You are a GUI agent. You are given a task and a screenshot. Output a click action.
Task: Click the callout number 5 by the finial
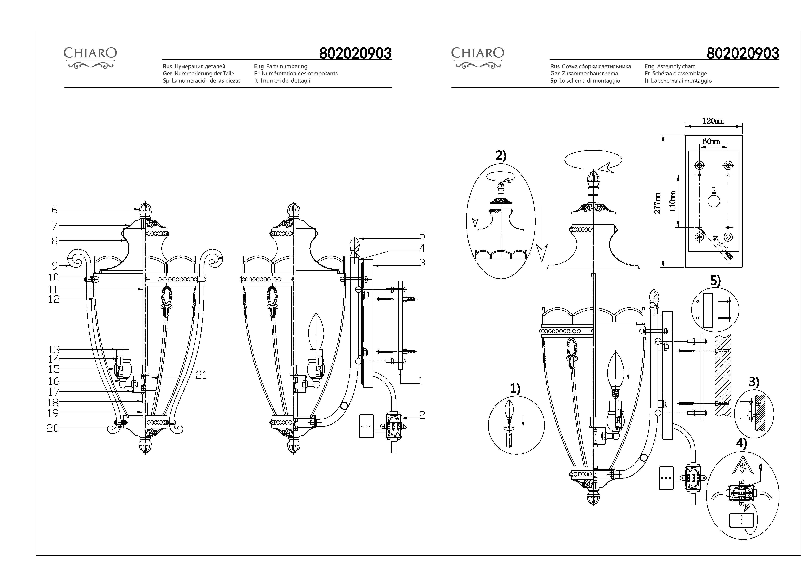coord(422,236)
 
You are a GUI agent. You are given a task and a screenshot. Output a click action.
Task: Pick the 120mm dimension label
coord(713,121)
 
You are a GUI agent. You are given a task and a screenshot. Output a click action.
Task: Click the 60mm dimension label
coord(711,141)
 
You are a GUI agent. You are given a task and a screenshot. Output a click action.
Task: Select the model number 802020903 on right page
coord(743,53)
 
